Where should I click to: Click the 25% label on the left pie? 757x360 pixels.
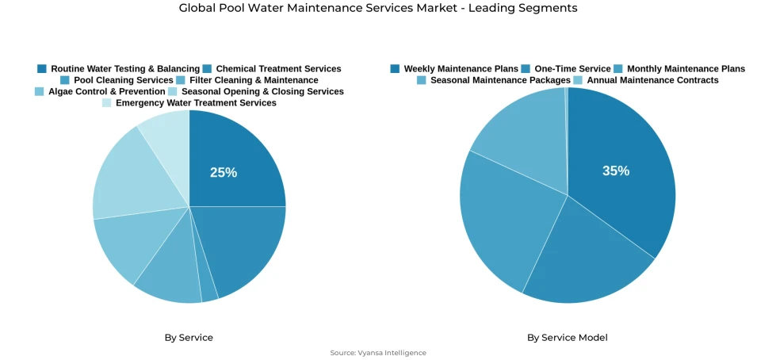223,173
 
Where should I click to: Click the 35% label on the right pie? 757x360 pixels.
615,170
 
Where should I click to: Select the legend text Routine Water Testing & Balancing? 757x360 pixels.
125,69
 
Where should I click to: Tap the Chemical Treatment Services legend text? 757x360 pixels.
278,69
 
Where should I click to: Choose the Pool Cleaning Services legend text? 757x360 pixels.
123,80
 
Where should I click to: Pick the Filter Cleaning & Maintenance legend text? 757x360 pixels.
254,80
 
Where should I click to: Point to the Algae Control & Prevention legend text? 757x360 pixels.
106,91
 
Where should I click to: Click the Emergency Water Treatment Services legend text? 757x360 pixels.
196,102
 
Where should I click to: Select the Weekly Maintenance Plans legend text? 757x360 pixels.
461,69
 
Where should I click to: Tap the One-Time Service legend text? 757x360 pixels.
572,69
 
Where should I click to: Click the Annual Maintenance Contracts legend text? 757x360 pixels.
652,80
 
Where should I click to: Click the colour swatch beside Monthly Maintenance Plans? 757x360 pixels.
619,69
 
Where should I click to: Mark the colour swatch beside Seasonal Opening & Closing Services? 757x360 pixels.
173,91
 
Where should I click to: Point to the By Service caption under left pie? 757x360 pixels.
189,338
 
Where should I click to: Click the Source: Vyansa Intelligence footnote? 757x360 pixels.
378,353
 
